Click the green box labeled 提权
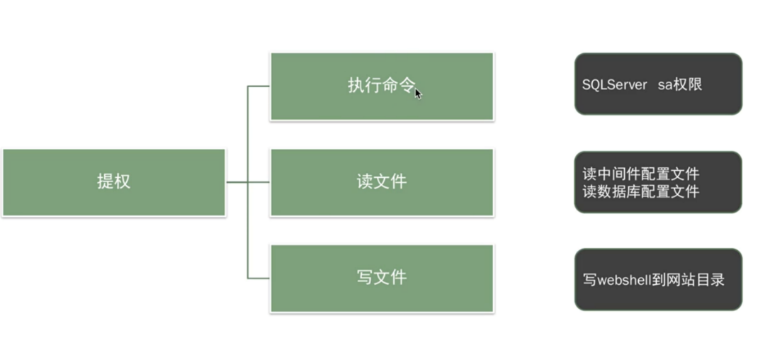tap(113, 182)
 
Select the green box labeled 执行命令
tap(382, 86)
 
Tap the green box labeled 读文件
tap(382, 182)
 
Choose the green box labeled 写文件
tap(382, 278)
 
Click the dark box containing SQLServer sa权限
tap(657, 84)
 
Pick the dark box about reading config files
tap(657, 182)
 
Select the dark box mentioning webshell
tap(657, 279)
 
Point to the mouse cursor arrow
tap(418, 93)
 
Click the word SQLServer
tap(614, 84)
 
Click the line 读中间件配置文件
tap(640, 174)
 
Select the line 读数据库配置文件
tap(640, 191)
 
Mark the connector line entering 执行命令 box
tap(259, 86)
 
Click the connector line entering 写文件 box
tap(259, 278)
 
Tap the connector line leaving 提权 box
tap(236, 182)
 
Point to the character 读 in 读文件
tap(365, 182)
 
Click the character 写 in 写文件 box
tap(365, 277)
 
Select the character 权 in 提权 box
tap(122, 181)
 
